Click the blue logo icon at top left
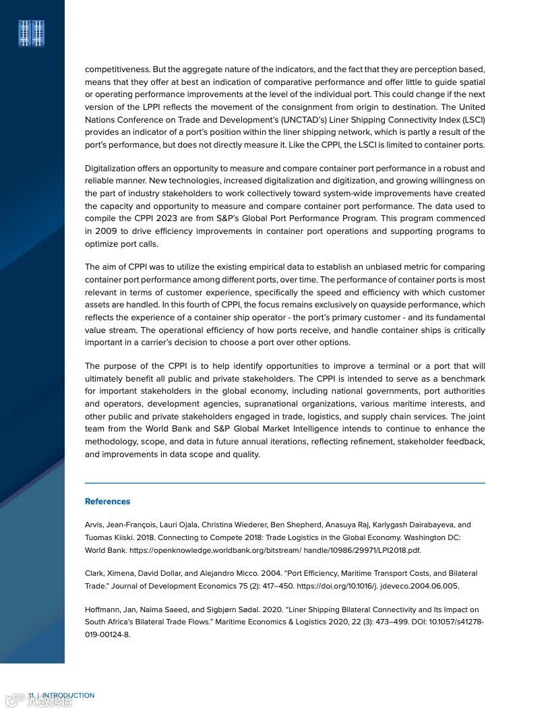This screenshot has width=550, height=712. (x=32, y=34)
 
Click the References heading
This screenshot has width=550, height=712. (x=107, y=502)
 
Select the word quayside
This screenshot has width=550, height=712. (x=399, y=305)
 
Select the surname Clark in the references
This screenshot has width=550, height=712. (x=94, y=573)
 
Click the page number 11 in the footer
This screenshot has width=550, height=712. (x=31, y=695)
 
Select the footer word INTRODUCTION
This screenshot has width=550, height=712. (x=69, y=695)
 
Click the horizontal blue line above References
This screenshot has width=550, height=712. (x=284, y=483)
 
